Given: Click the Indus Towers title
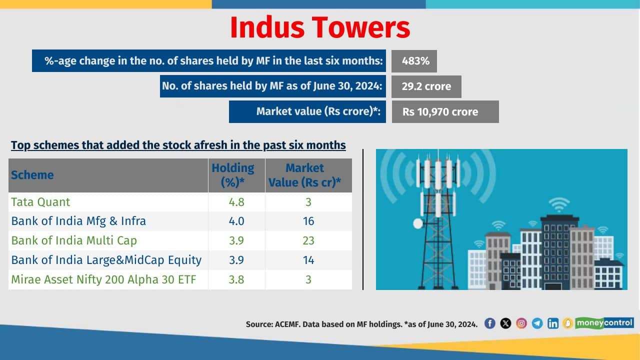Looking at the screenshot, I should click(x=320, y=28).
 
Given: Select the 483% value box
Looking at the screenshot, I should click(x=415, y=61).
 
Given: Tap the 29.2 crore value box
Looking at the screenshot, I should click(x=426, y=86).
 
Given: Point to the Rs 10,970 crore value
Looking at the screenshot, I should click(x=440, y=112).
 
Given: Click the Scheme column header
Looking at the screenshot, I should click(x=32, y=175).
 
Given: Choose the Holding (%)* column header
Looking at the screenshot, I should click(x=232, y=175).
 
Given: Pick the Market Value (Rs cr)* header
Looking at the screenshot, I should click(x=304, y=175).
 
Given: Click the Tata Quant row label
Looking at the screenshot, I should click(x=40, y=202).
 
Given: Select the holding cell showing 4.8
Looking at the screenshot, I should click(x=236, y=202).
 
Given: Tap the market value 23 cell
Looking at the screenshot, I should click(x=308, y=240).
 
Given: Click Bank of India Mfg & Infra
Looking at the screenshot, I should click(x=78, y=221).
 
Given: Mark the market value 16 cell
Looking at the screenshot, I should click(x=308, y=221).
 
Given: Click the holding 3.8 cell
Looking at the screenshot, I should click(x=236, y=279).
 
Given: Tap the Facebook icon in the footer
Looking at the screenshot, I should click(x=490, y=323).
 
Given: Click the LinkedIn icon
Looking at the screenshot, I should click(x=552, y=323).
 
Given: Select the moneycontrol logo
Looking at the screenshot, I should click(x=604, y=323).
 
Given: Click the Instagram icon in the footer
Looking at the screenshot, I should click(x=521, y=323).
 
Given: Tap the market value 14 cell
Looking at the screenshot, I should click(x=308, y=260).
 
